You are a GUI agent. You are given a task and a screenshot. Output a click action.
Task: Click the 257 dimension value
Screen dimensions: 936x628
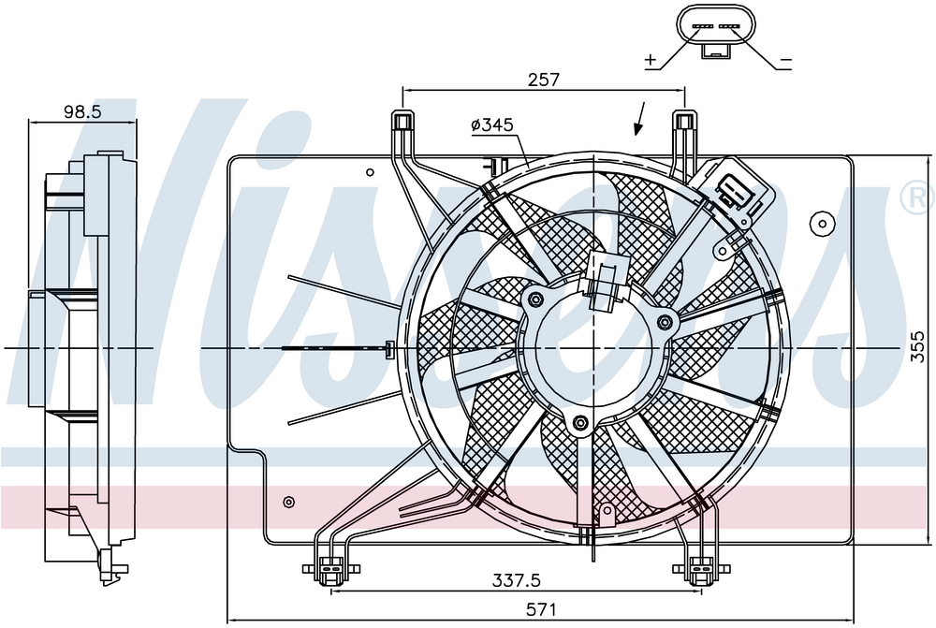pyautogui.click(x=544, y=80)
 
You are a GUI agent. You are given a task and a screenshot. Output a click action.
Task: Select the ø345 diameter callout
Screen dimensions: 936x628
pyautogui.click(x=492, y=124)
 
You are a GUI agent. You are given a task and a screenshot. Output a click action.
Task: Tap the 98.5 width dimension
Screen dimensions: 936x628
pyautogui.click(x=83, y=111)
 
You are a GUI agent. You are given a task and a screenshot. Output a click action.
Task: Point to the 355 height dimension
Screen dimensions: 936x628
pyautogui.click(x=919, y=347)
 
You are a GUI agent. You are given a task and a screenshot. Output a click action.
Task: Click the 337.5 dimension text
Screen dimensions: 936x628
pyautogui.click(x=517, y=579)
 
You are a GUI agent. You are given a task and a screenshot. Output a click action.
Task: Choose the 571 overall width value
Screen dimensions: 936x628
pyautogui.click(x=541, y=609)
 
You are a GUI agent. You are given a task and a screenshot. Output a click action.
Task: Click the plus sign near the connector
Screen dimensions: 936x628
pyautogui.click(x=651, y=59)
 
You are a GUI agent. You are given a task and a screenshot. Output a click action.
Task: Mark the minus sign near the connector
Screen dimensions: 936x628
pyautogui.click(x=785, y=60)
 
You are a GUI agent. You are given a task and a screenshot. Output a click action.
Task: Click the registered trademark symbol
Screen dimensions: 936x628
pyautogui.click(x=919, y=197)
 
